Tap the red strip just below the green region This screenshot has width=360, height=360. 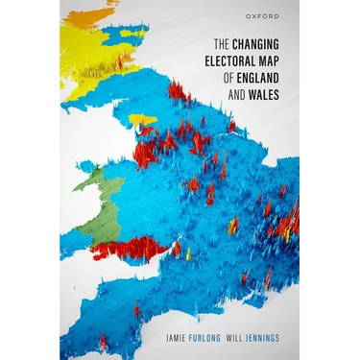coord(130,249)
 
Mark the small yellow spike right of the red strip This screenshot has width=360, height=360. coord(188,254)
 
